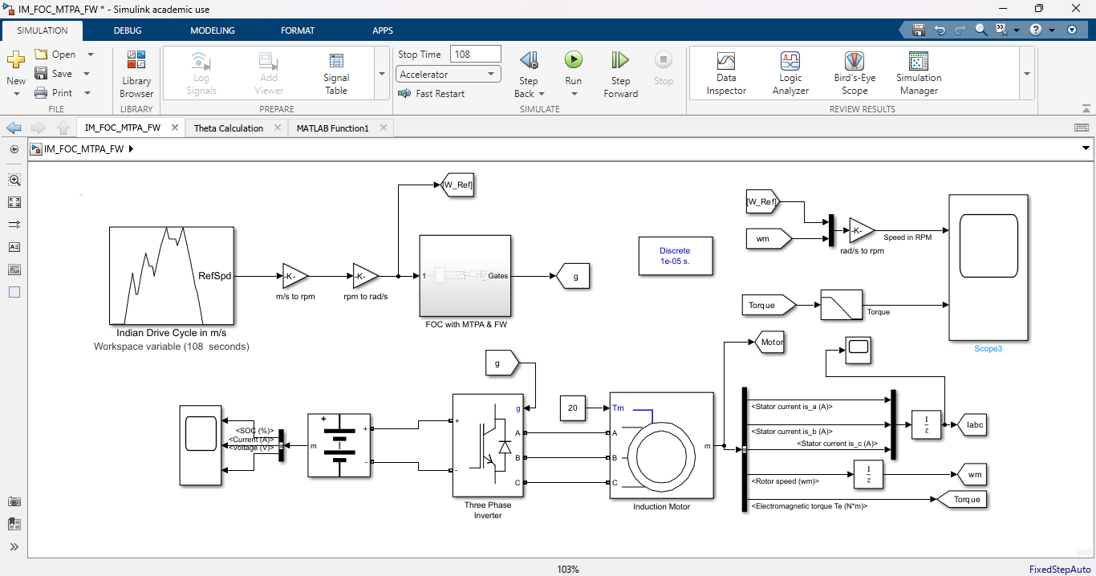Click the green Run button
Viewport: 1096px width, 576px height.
point(573,60)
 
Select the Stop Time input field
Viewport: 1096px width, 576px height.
point(475,55)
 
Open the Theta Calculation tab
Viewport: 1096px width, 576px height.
point(229,128)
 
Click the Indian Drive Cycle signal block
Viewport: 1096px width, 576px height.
point(171,275)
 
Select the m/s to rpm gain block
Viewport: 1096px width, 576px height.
point(294,276)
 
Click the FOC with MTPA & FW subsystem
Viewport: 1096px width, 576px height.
point(465,276)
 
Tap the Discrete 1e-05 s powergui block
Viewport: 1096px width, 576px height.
point(675,256)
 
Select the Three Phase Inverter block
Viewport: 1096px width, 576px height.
point(488,445)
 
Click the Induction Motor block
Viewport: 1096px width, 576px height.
point(661,445)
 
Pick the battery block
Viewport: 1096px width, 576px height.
point(339,445)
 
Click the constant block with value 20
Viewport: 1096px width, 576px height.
point(573,408)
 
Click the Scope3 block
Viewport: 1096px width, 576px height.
point(988,267)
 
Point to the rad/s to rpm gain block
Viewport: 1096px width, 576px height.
point(861,230)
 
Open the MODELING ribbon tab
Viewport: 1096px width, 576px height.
point(213,30)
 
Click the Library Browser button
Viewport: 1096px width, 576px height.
point(136,74)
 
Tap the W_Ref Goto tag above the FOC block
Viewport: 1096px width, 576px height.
point(457,185)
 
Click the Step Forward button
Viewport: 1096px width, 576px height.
point(620,73)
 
